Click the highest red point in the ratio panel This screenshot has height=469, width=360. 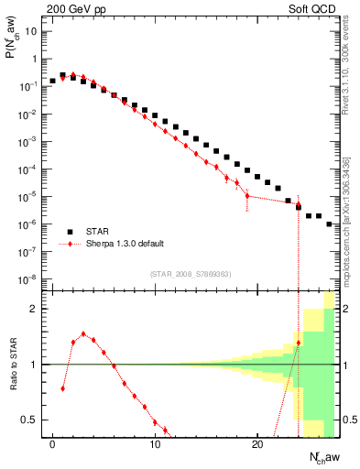click(x=83, y=334)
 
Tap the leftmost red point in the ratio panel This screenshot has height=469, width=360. click(x=63, y=388)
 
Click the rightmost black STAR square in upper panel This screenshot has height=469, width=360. click(x=329, y=224)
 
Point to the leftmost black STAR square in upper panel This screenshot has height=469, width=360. click(x=53, y=81)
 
